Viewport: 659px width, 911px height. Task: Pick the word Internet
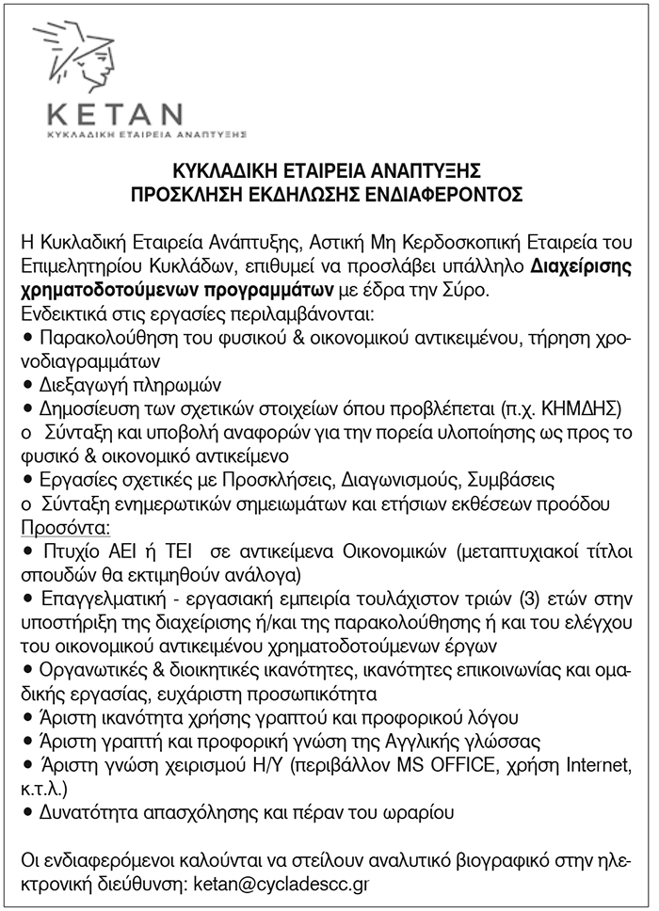tap(595, 762)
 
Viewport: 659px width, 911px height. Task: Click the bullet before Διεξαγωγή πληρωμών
tap(26, 385)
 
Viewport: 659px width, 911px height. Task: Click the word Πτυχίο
tap(65, 549)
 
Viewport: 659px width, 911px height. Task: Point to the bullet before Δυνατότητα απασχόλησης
tap(26, 808)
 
